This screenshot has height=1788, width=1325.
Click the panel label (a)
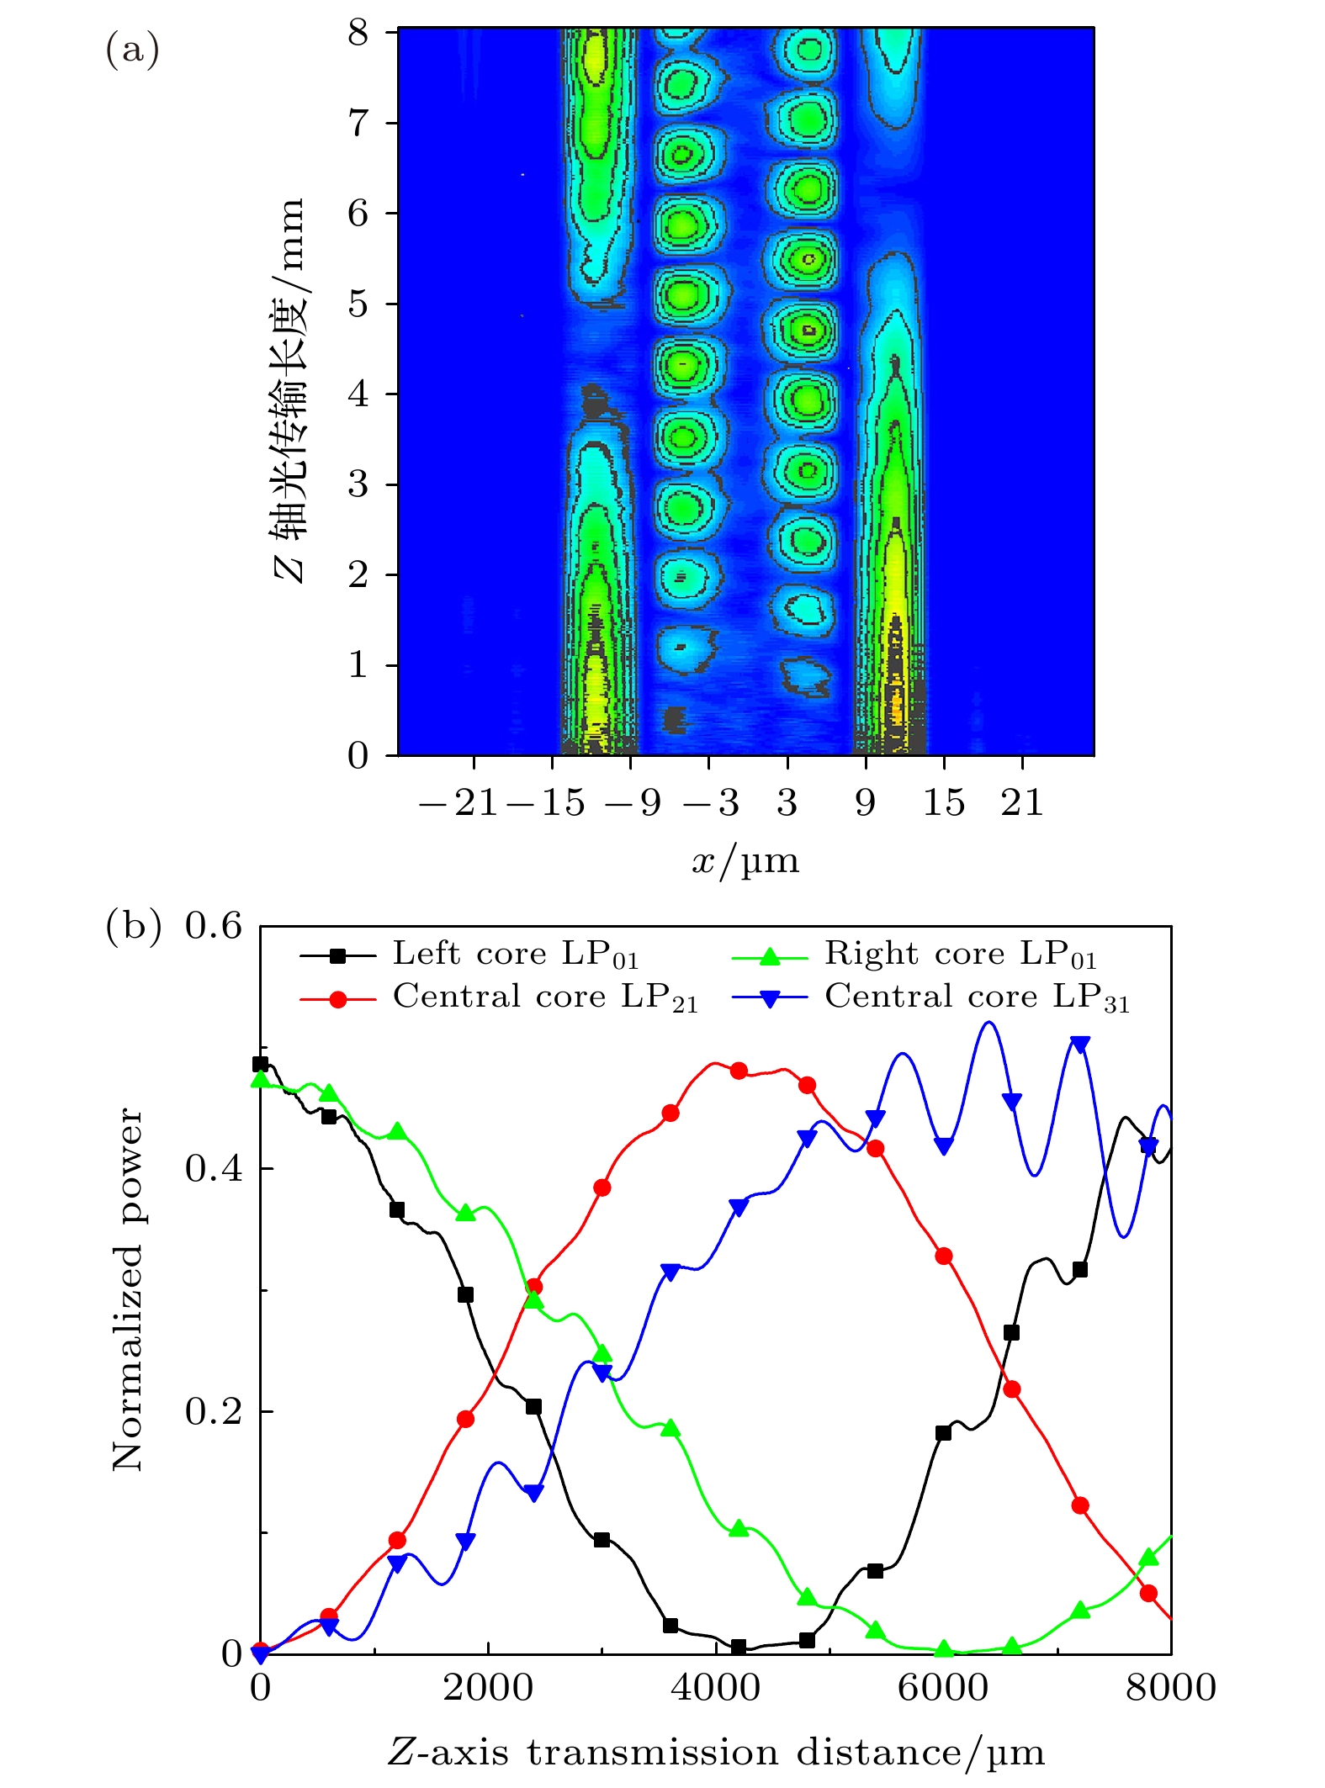[x=132, y=50]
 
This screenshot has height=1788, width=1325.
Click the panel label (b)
[x=132, y=926]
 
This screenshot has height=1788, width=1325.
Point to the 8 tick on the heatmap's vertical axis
[x=359, y=33]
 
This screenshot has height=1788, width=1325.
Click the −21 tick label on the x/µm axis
[x=458, y=803]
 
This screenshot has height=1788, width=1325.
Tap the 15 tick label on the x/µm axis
[x=944, y=803]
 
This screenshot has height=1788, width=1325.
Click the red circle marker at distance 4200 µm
[x=739, y=1071]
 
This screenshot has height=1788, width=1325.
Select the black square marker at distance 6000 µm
[x=943, y=1433]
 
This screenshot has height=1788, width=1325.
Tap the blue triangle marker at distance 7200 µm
[x=1080, y=1045]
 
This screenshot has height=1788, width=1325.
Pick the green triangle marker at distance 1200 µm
[x=397, y=1131]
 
